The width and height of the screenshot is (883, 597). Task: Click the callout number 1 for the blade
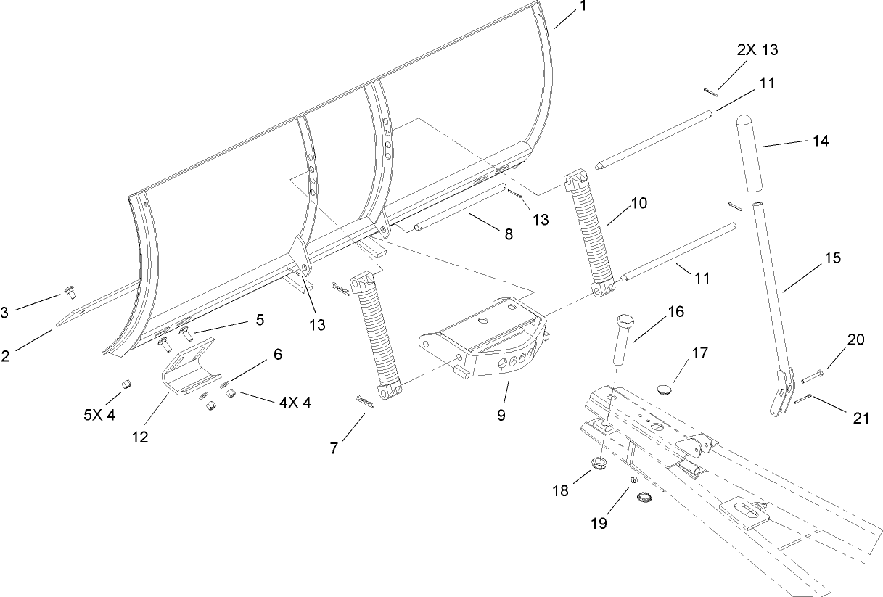tap(583, 8)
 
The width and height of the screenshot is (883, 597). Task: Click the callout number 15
tap(833, 258)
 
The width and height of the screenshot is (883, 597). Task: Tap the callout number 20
tap(855, 339)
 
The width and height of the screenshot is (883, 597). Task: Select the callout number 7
tap(334, 448)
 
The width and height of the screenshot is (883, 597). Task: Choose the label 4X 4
tap(295, 403)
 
